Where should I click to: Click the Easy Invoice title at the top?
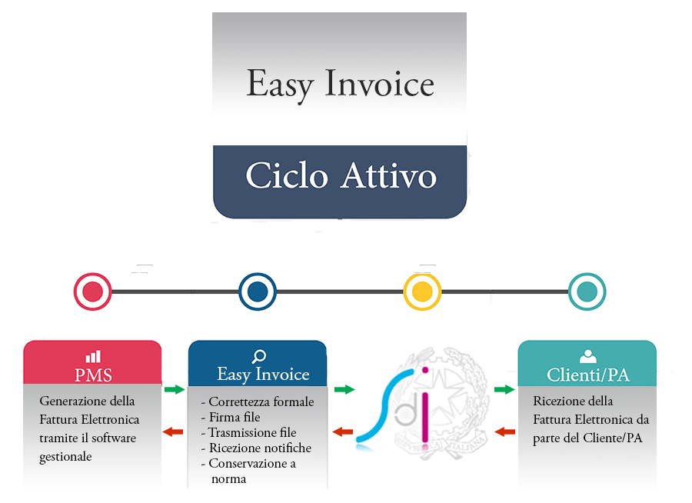(x=340, y=84)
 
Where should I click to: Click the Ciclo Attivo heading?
(x=341, y=176)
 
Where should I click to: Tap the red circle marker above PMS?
(x=92, y=291)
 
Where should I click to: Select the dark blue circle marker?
(x=258, y=291)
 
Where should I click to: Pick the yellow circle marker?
(x=422, y=291)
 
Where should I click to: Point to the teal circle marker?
(x=587, y=291)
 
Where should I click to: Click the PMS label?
(x=93, y=375)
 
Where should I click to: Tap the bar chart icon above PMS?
(x=93, y=357)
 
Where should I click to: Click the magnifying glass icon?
(x=259, y=356)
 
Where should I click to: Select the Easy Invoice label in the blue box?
(x=263, y=375)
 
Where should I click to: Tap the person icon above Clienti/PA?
(x=588, y=356)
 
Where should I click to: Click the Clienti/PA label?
(x=588, y=375)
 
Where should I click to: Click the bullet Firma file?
(x=235, y=417)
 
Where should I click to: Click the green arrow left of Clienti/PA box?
(x=504, y=389)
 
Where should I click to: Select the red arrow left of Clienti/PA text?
(x=504, y=431)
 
